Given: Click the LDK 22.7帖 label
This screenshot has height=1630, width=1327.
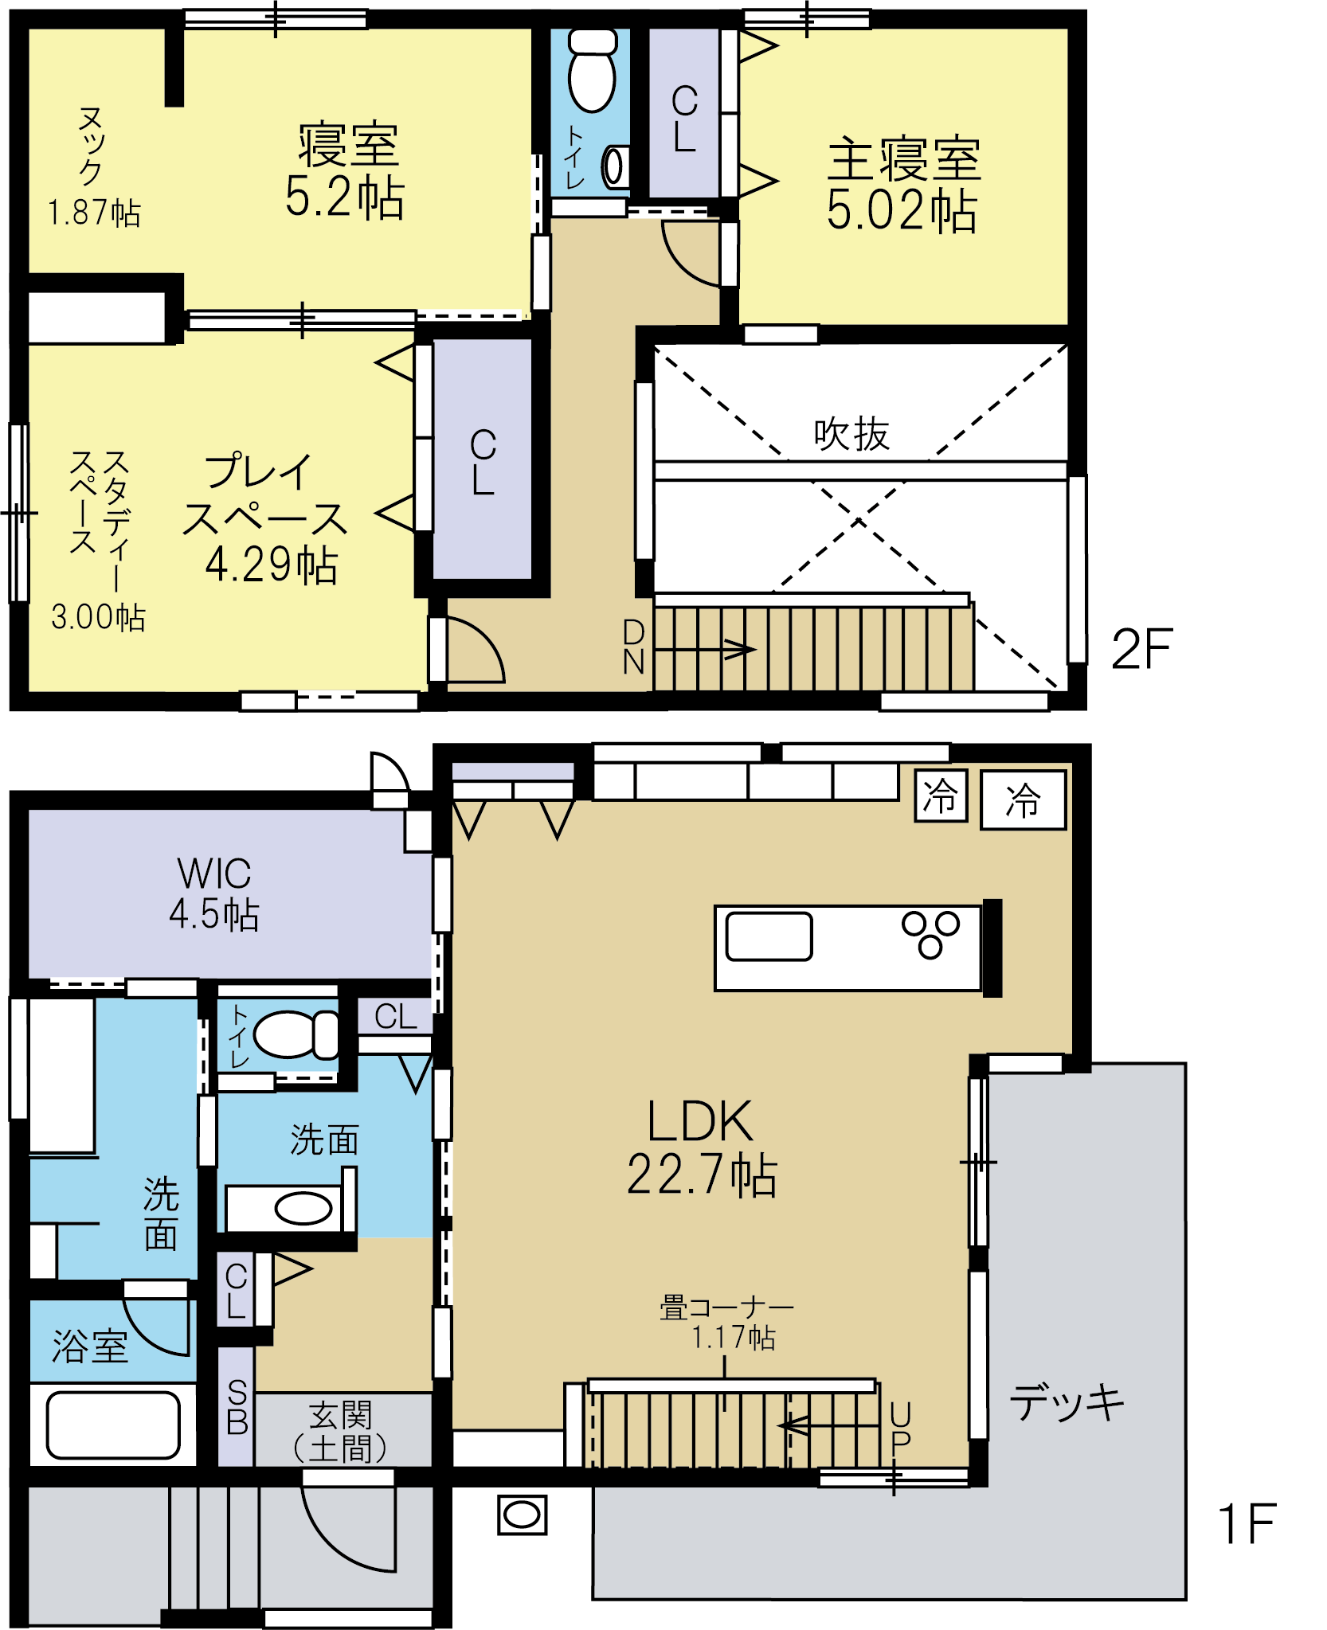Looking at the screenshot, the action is [x=701, y=1147].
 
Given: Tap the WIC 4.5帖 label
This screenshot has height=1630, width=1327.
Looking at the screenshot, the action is [x=214, y=893].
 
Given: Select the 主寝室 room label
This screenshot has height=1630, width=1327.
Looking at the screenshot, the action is [x=903, y=159].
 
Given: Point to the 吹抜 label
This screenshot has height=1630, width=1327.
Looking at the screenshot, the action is [x=851, y=434].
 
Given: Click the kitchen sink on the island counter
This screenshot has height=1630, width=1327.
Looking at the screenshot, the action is [x=769, y=936].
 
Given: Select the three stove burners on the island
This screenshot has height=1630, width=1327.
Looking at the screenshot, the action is [x=930, y=934].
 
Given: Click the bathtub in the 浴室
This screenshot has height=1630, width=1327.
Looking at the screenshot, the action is [x=113, y=1425].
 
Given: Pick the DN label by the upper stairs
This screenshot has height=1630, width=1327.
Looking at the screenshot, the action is [x=633, y=647].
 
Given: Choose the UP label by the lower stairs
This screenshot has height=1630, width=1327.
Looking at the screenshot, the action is [x=900, y=1428].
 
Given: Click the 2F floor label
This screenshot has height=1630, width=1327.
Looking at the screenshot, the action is [x=1142, y=649].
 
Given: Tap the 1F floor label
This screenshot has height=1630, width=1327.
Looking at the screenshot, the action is [x=1247, y=1523].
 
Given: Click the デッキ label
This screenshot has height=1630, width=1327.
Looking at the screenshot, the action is [x=1067, y=1401].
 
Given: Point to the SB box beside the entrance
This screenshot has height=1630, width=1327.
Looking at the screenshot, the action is [x=237, y=1407].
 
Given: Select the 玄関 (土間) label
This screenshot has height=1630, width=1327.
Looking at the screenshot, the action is [x=340, y=1432].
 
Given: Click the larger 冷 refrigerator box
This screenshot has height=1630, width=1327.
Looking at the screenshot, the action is [x=1023, y=799].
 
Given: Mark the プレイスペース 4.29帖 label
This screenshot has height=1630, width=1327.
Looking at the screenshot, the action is [x=265, y=519].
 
